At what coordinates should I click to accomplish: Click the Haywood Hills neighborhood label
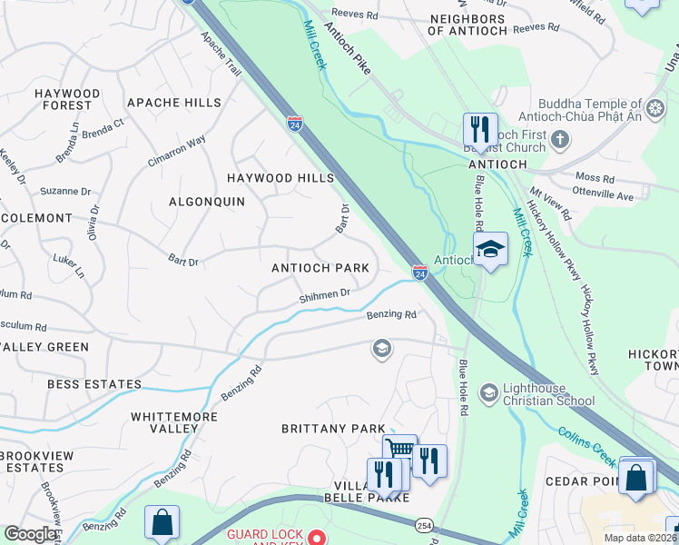[280, 178]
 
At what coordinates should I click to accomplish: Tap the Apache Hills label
[174, 103]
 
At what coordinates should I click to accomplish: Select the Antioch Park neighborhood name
[320, 268]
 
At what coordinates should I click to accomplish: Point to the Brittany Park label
[333, 428]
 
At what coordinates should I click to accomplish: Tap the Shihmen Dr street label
[325, 295]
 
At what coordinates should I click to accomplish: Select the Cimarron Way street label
[177, 152]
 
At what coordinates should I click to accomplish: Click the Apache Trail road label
[221, 54]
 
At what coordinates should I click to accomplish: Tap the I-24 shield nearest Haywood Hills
[295, 124]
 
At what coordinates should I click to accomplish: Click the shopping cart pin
[399, 449]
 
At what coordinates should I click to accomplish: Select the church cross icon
[561, 139]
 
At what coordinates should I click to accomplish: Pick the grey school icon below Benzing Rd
[382, 348]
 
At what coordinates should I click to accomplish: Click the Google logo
[30, 534]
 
